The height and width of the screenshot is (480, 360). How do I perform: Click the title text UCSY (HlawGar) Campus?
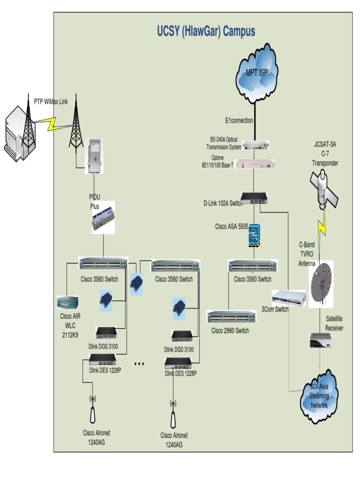coord(206,31)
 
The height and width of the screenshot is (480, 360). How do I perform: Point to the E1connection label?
coord(239,120)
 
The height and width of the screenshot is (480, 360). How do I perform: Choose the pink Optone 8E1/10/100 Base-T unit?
coord(255,164)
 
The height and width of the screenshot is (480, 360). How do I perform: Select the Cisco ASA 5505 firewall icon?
coord(255,235)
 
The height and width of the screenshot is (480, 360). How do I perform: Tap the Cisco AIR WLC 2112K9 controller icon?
coord(67,302)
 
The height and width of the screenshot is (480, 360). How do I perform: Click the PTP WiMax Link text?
coord(51,101)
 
